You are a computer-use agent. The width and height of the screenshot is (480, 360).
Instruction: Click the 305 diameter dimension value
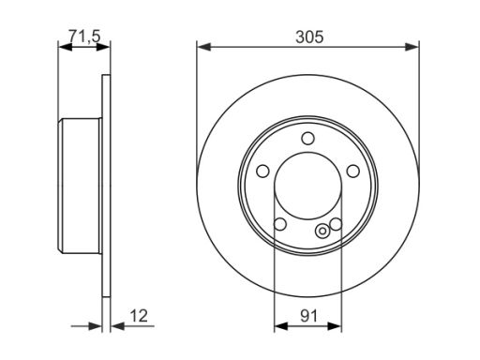click(309, 37)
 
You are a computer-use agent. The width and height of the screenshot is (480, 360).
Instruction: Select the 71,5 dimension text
click(84, 37)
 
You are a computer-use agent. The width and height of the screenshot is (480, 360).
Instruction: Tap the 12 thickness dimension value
click(139, 316)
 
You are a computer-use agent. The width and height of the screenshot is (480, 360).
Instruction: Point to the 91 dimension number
click(308, 316)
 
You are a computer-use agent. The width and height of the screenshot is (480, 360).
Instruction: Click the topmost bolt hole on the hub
click(307, 138)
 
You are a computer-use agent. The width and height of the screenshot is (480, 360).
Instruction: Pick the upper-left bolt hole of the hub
click(262, 171)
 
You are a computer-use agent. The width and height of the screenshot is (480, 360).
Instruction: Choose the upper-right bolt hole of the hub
click(353, 171)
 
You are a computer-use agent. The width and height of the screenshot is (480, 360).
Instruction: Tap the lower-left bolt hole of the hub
click(280, 224)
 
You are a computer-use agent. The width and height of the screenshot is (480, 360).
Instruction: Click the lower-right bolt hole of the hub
click(337, 224)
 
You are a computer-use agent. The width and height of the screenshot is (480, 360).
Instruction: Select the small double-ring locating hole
click(322, 232)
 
